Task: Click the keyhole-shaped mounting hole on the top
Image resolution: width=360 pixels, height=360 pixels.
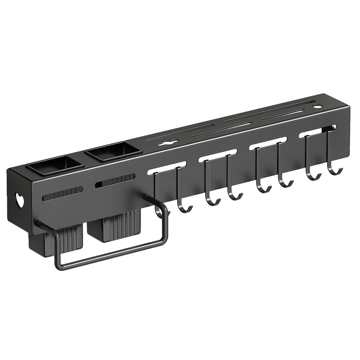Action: (166, 143)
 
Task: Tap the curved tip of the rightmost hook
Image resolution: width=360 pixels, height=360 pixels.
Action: (334, 171)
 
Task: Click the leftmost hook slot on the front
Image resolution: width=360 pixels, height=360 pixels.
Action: (166, 167)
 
